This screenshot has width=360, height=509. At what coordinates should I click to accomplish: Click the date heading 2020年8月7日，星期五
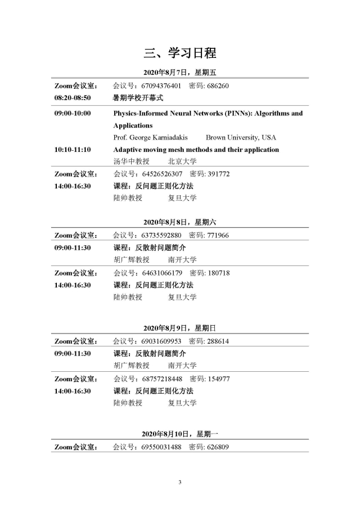click(x=180, y=73)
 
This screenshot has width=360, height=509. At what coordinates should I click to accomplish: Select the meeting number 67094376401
click(x=161, y=86)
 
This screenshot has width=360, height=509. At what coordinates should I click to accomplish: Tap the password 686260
click(x=218, y=86)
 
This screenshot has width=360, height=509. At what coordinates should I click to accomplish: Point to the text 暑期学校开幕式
click(x=138, y=98)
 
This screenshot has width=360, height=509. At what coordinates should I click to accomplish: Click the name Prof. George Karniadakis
click(x=152, y=138)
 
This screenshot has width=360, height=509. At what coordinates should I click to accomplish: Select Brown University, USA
click(x=241, y=138)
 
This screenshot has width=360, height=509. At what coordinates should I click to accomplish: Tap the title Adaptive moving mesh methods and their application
click(x=196, y=150)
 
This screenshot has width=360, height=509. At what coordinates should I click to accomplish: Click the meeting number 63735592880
click(x=161, y=235)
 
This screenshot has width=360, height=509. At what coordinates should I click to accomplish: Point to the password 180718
click(x=218, y=273)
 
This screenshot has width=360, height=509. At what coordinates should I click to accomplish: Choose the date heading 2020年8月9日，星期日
click(x=180, y=328)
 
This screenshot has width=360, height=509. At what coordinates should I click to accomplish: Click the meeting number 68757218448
click(x=161, y=379)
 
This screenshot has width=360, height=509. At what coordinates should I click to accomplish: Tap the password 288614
click(x=218, y=341)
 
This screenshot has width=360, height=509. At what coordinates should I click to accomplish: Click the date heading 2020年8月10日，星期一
click(x=180, y=434)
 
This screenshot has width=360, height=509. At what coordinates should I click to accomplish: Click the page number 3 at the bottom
click(x=180, y=482)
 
